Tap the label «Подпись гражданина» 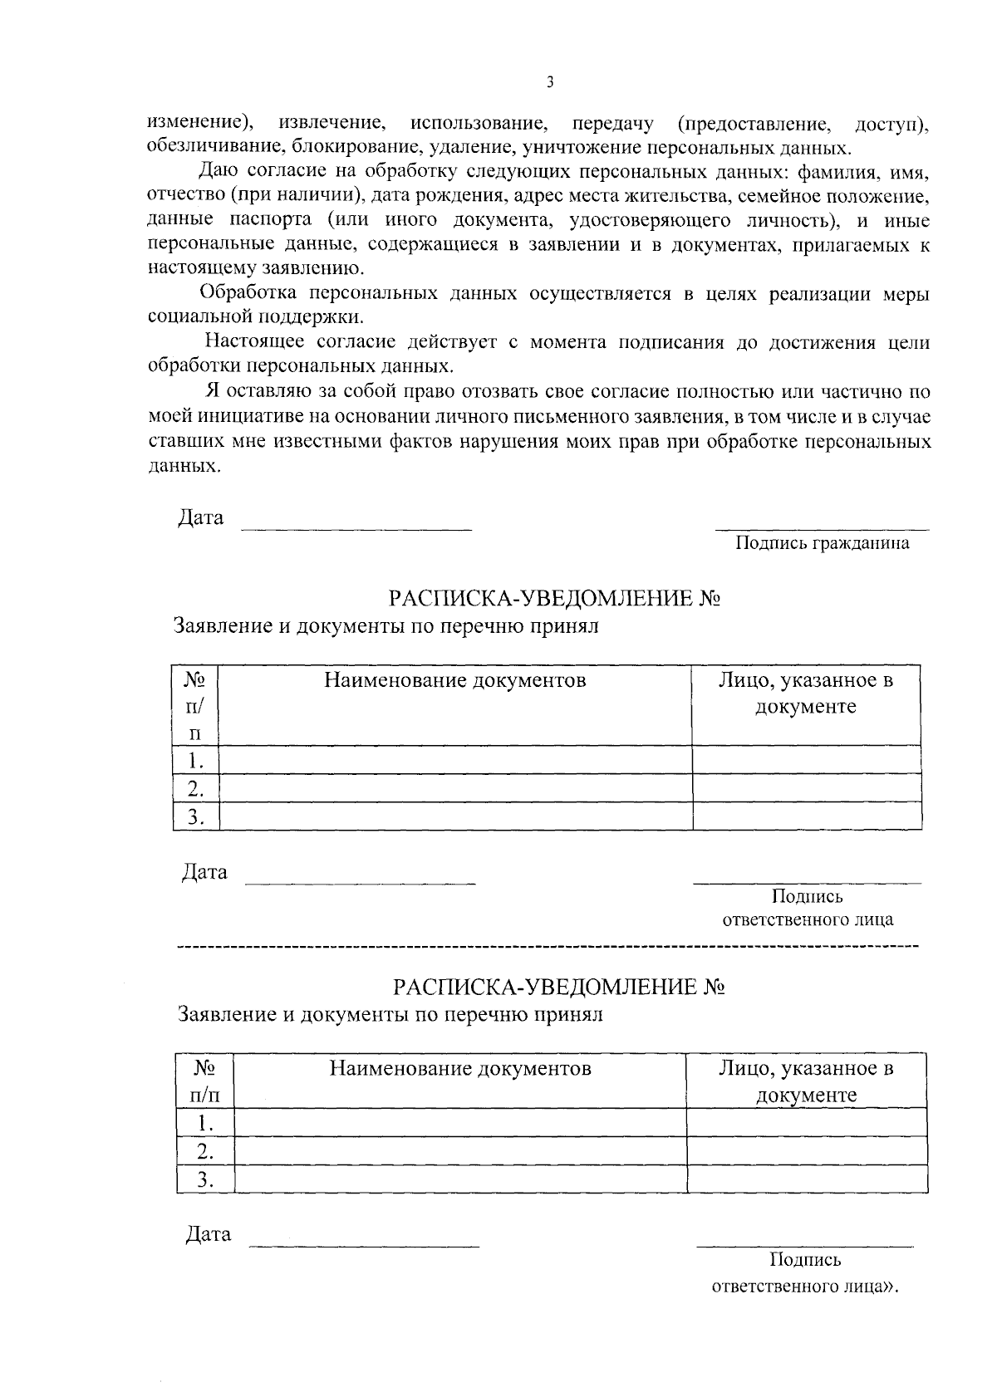coord(821,543)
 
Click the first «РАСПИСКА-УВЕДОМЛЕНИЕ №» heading coord(553,599)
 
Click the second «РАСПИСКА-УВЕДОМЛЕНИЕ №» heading coord(559,987)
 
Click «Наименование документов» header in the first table coord(454,681)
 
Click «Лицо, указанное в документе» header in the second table coord(805,1081)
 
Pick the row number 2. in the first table coord(195,788)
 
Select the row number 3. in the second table coord(204,1179)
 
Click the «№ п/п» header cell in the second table coord(204,1081)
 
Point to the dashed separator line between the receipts coord(548,947)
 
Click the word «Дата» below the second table coord(208,1234)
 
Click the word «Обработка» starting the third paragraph coord(242,293)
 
